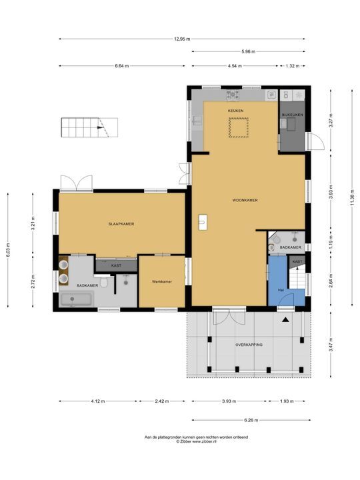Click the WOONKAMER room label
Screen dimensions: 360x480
[x=245, y=200]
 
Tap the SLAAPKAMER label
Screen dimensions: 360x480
[x=121, y=224]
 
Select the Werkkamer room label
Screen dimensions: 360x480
[x=162, y=281]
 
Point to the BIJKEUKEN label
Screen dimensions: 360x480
[x=293, y=115]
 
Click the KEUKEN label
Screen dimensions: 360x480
[x=235, y=111]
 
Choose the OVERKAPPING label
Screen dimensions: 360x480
[x=249, y=345]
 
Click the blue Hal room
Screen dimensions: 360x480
[x=279, y=280]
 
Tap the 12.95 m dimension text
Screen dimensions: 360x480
[x=182, y=39]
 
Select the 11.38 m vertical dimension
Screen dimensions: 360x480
[x=353, y=200]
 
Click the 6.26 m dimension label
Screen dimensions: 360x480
[x=251, y=420]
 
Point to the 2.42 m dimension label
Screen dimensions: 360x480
[x=161, y=401]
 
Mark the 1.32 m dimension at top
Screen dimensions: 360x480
[x=293, y=66]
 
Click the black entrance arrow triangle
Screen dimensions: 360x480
[x=285, y=319]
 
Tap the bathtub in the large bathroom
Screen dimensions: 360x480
[x=77, y=299]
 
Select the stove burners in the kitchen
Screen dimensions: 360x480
[x=233, y=95]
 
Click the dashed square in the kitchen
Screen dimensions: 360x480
[x=239, y=127]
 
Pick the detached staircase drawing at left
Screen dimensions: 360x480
[x=89, y=127]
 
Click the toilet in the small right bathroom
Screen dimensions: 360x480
[x=276, y=238]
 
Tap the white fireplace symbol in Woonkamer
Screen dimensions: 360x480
[x=203, y=222]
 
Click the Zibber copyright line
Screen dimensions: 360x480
[x=196, y=441]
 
